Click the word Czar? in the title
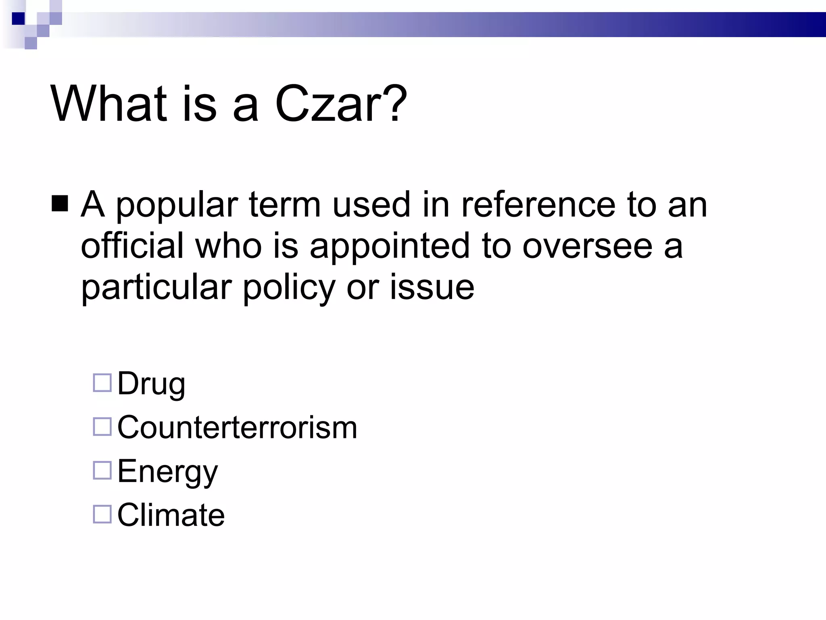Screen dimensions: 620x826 pos(341,104)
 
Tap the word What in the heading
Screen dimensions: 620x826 pos(108,104)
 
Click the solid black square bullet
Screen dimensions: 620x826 pos(60,204)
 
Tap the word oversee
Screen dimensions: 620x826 pos(587,246)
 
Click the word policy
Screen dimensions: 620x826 pos(288,288)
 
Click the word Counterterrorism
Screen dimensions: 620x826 pos(237,427)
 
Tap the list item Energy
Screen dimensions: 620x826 pos(167,472)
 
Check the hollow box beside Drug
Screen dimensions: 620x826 pos(102,383)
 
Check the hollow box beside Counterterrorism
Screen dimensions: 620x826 pos(102,427)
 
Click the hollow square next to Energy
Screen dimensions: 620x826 pos(102,470)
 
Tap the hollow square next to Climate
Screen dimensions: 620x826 pos(102,514)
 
